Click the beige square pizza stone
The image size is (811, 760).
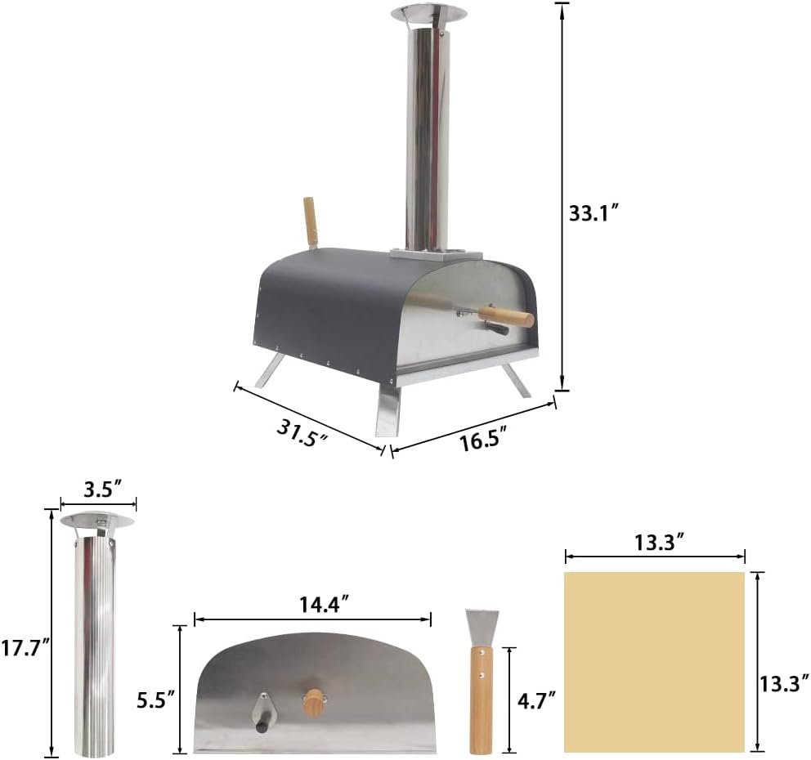pyautogui.click(x=654, y=661)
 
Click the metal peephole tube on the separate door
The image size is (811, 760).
pyautogui.click(x=263, y=711)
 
